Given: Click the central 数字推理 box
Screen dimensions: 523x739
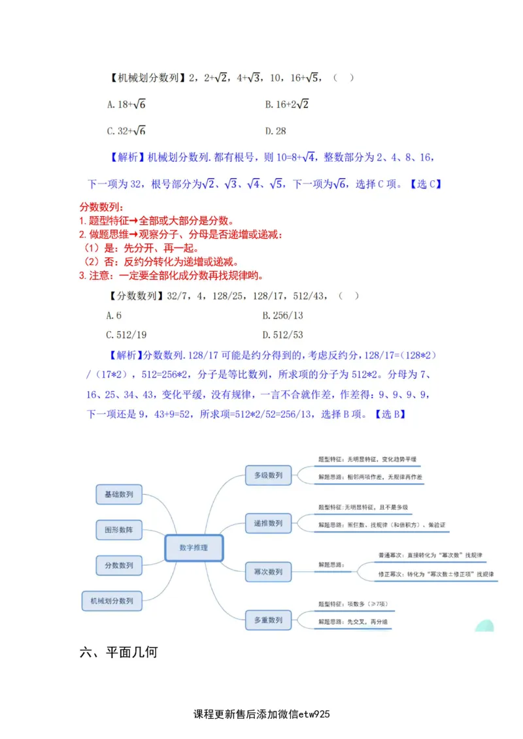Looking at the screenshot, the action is [x=194, y=548].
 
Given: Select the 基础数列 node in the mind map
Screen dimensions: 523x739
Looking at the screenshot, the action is [x=118, y=495].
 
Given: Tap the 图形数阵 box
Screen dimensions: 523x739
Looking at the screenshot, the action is [x=118, y=530].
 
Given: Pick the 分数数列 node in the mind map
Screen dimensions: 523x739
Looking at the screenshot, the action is [x=118, y=565].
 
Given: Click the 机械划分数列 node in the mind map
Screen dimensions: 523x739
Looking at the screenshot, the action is [x=112, y=601].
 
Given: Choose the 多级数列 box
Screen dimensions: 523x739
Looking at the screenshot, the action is [x=268, y=476].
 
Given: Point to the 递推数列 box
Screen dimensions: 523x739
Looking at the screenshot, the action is [x=268, y=524].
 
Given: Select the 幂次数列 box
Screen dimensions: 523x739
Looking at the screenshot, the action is [x=268, y=572].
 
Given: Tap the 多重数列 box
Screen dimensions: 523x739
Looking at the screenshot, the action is [x=268, y=620].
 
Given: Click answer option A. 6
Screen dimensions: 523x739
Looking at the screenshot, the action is [x=114, y=316].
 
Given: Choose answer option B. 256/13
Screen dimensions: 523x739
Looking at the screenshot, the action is [x=282, y=316].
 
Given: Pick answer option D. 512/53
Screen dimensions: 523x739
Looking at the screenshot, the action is [x=282, y=335].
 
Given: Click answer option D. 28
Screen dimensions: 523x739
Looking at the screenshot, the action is [x=275, y=131].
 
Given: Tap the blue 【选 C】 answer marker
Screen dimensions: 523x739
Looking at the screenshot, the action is [x=426, y=184].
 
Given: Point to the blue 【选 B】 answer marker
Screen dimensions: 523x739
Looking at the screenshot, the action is [x=390, y=414].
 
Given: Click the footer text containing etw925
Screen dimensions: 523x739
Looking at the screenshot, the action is [x=261, y=714].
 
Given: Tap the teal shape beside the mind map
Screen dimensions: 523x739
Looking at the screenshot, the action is [x=484, y=625].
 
